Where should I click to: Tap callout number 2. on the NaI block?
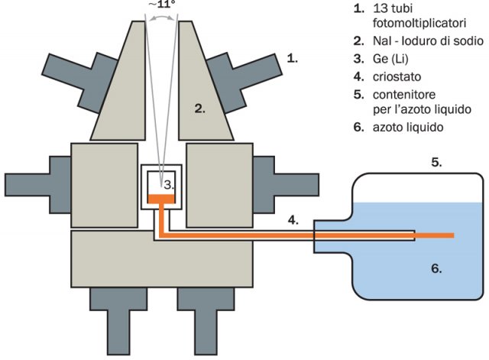point(200,109)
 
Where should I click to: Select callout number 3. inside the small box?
point(171,184)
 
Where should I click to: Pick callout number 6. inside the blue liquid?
point(436,268)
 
